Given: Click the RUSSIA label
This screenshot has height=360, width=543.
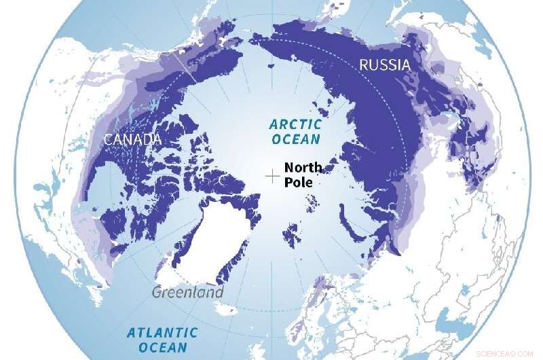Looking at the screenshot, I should (384, 66).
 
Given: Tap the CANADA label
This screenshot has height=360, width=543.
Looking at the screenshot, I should (132, 139).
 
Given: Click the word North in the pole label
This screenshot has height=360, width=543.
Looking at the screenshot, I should (303, 168).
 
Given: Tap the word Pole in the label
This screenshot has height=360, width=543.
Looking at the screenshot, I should (297, 183).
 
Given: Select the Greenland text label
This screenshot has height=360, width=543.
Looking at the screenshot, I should (188, 293).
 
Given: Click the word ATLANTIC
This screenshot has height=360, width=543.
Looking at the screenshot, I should (162, 332).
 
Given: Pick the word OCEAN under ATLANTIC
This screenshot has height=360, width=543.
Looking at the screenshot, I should (162, 348).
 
